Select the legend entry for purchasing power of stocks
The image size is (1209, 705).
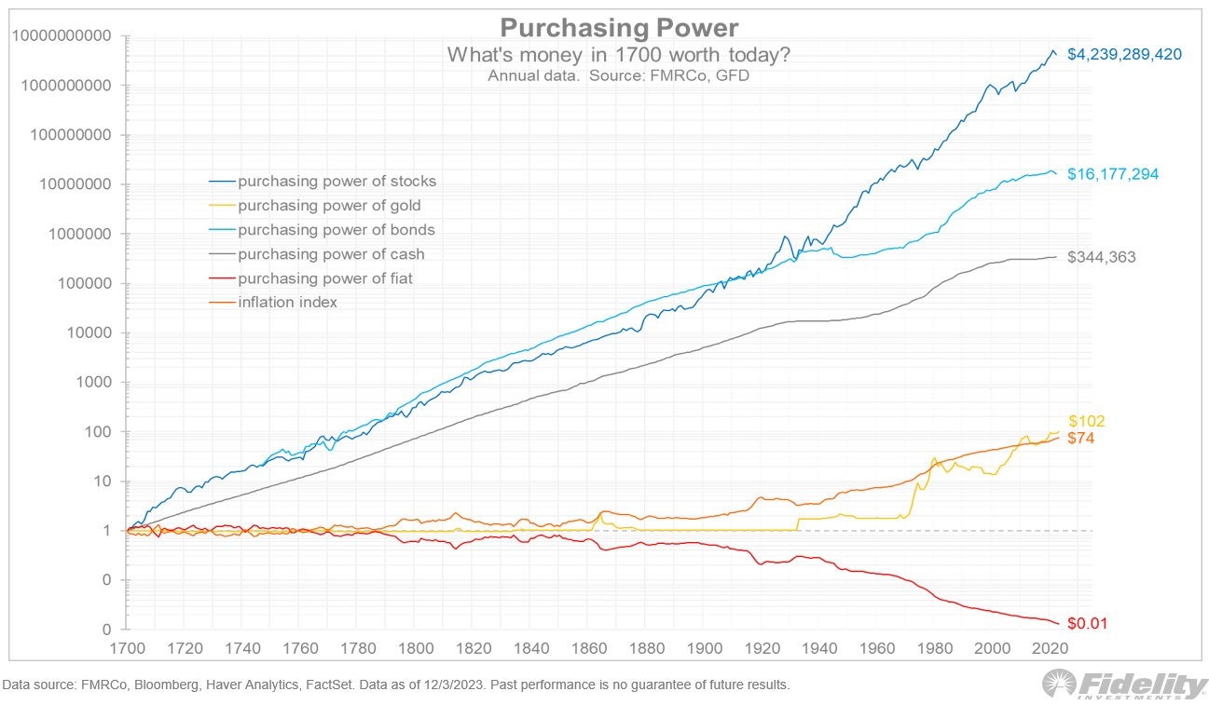pos(337,181)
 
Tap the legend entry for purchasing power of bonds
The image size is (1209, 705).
pos(337,229)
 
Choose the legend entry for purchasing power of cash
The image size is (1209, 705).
pos(331,253)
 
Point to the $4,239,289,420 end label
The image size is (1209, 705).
pos(1124,54)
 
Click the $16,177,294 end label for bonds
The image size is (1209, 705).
pos(1113,173)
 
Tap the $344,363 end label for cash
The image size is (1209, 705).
pos(1101,257)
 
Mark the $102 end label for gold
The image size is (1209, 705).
pos(1086,421)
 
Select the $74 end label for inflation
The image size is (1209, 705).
pos(1082,438)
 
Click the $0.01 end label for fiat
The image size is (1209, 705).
pos(1087,623)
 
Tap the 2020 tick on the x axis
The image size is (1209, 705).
pos(1050,647)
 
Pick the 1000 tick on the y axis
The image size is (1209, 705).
pos(94,382)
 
